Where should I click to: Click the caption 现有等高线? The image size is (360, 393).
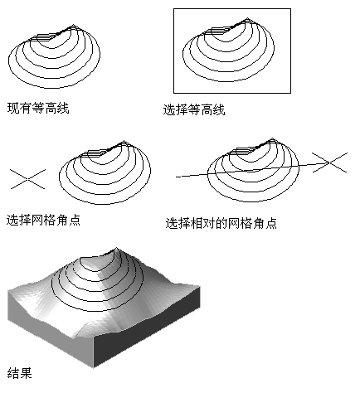[38, 108]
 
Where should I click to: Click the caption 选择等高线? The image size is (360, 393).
[194, 109]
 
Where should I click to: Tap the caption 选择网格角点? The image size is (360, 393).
[43, 221]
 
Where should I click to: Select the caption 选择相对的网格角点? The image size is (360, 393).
[221, 223]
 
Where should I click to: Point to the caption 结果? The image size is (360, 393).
[19, 373]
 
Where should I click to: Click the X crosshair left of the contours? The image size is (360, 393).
[27, 179]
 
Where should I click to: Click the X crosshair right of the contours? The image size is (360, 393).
[329, 163]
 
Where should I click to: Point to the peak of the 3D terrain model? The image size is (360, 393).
[116, 248]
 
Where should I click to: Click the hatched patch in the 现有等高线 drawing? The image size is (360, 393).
[43, 38]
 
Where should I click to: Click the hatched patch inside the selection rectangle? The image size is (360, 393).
[217, 31]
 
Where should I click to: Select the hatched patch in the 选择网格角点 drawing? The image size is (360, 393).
[94, 153]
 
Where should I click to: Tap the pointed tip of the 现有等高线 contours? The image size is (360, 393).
[74, 25]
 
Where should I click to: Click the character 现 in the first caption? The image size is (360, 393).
[12, 108]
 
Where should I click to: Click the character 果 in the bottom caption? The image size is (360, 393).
[26, 373]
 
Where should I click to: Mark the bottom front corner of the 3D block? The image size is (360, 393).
[94, 367]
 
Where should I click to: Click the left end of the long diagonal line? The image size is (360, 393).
[176, 177]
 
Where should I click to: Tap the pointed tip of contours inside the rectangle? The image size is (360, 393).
[248, 18]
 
